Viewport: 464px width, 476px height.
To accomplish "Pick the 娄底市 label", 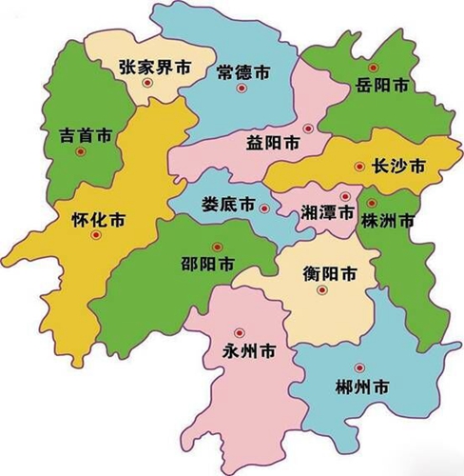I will [227, 205].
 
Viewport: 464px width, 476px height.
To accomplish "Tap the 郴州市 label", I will [362, 387].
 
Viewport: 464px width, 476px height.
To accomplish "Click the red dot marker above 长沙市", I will [359, 168].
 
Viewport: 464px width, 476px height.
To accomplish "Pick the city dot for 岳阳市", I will [373, 69].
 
